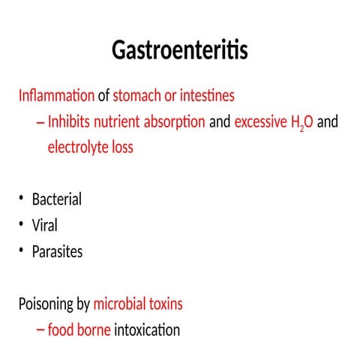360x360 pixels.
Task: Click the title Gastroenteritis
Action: tap(180, 50)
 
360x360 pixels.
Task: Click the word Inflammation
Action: tap(56, 96)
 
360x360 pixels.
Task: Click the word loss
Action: tap(121, 147)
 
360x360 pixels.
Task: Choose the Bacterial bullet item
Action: tap(57, 199)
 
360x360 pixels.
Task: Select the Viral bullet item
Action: tap(44, 225)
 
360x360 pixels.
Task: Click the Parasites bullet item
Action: tap(57, 251)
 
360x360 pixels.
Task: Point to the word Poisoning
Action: tap(46, 304)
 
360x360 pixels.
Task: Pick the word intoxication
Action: tap(148, 330)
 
